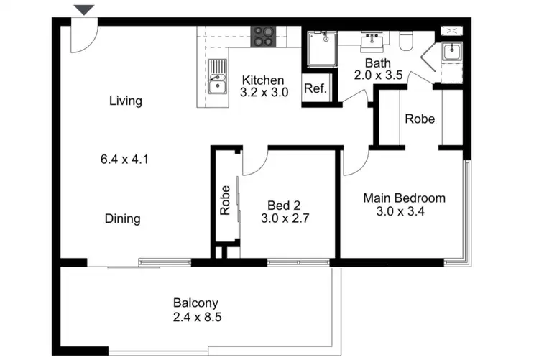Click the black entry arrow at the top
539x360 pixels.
pyautogui.click(x=85, y=9)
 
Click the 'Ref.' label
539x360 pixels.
pyautogui.click(x=315, y=89)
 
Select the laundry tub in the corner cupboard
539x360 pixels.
pyautogui.click(x=451, y=52)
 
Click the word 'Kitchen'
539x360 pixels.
pyautogui.click(x=262, y=80)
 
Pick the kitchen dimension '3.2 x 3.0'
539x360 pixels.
pyautogui.click(x=264, y=92)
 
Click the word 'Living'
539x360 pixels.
pyautogui.click(x=126, y=101)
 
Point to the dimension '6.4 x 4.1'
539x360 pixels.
pyautogui.click(x=124, y=160)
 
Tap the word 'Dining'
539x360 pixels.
pyautogui.click(x=122, y=218)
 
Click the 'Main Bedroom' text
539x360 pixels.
pyautogui.click(x=404, y=198)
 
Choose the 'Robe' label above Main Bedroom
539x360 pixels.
pyautogui.click(x=420, y=119)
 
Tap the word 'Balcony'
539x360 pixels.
pyautogui.click(x=195, y=303)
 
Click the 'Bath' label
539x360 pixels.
pyautogui.click(x=377, y=63)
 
